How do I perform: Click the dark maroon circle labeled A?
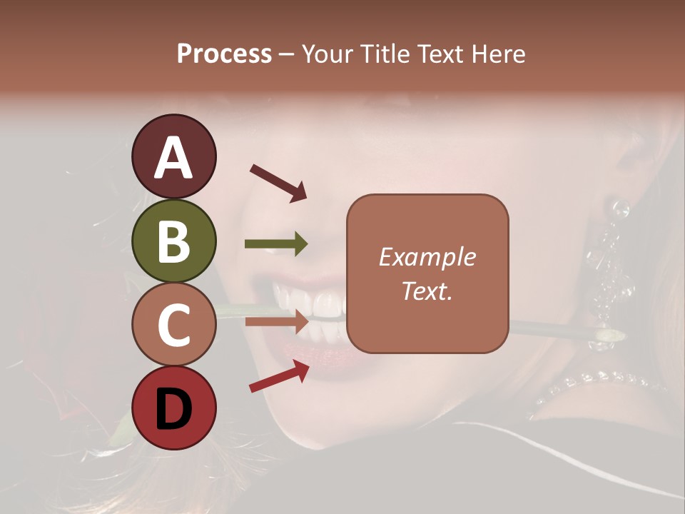pyautogui.click(x=173, y=156)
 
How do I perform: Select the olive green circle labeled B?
pyautogui.click(x=173, y=241)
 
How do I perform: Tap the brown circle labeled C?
pyautogui.click(x=173, y=325)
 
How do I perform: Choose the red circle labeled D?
pyautogui.click(x=173, y=408)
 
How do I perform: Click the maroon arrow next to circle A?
pyautogui.click(x=278, y=182)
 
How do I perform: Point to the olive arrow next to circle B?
pyautogui.click(x=276, y=244)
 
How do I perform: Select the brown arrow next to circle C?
pyautogui.click(x=276, y=322)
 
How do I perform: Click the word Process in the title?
pyautogui.click(x=224, y=54)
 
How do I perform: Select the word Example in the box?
pyautogui.click(x=427, y=257)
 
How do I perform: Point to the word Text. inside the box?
pyautogui.click(x=427, y=291)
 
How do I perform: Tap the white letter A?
pyautogui.click(x=173, y=158)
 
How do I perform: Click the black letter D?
pyautogui.click(x=173, y=409)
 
